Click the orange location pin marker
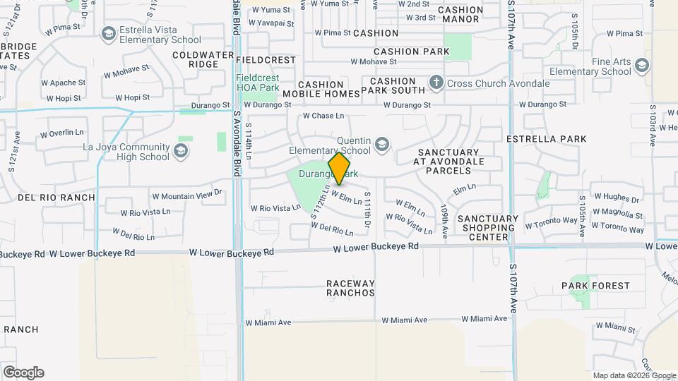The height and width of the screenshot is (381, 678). [x=340, y=169]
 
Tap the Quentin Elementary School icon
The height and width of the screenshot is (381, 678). [x=382, y=145]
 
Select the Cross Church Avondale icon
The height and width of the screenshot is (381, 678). [x=436, y=83]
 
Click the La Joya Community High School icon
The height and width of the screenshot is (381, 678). [x=181, y=150]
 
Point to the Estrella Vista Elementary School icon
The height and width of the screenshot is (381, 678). [x=108, y=33]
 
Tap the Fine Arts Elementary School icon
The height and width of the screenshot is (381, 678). [x=641, y=66]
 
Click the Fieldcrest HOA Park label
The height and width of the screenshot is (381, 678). [x=258, y=82]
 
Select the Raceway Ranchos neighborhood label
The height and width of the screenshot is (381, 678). [x=350, y=289]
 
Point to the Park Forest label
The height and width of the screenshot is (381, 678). [x=595, y=286]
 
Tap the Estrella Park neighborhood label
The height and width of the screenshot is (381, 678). [x=547, y=139]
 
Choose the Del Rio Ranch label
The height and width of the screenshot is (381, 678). [x=56, y=198]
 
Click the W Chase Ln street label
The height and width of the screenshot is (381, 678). [x=323, y=116]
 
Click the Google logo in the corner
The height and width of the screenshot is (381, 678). [x=23, y=373]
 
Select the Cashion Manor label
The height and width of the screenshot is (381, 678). [x=460, y=14]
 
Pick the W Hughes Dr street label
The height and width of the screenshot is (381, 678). [x=616, y=200]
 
